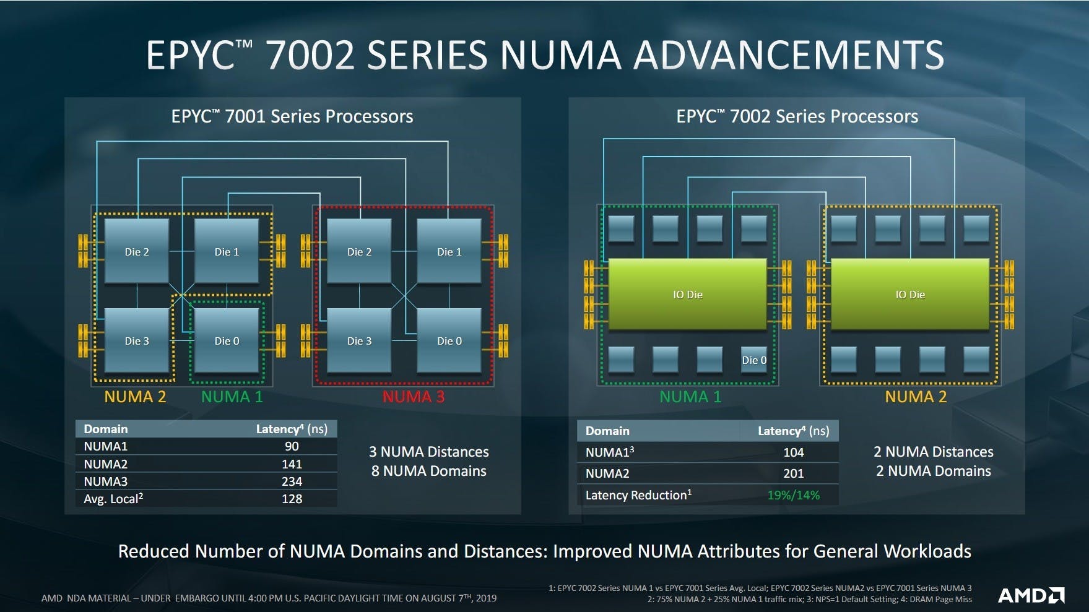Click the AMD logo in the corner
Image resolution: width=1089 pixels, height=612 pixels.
point(1031,595)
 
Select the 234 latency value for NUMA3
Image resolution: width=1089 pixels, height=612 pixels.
point(292,481)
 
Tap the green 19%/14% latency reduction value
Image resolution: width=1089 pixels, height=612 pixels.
point(793,495)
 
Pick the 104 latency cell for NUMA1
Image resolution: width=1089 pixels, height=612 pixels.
point(793,452)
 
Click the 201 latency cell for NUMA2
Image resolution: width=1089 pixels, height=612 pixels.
point(793,473)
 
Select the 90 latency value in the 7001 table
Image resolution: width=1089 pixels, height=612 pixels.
point(292,446)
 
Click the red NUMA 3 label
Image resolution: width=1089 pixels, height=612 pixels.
point(413,397)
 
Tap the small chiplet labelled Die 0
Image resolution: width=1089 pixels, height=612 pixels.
point(753,360)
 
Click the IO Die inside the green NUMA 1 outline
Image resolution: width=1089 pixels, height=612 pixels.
point(687,295)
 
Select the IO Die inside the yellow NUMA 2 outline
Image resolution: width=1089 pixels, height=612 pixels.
point(909,295)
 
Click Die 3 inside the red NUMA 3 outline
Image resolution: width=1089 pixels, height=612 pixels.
point(359,341)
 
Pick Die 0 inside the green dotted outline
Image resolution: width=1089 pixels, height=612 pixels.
point(227,341)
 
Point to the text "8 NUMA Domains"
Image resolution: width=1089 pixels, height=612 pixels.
point(428,471)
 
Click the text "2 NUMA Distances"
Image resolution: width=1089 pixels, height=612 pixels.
point(933,452)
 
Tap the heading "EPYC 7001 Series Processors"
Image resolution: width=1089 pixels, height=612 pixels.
point(292,116)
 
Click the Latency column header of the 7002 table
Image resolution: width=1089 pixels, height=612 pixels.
point(793,431)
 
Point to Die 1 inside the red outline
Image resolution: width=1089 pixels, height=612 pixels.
point(449,252)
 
